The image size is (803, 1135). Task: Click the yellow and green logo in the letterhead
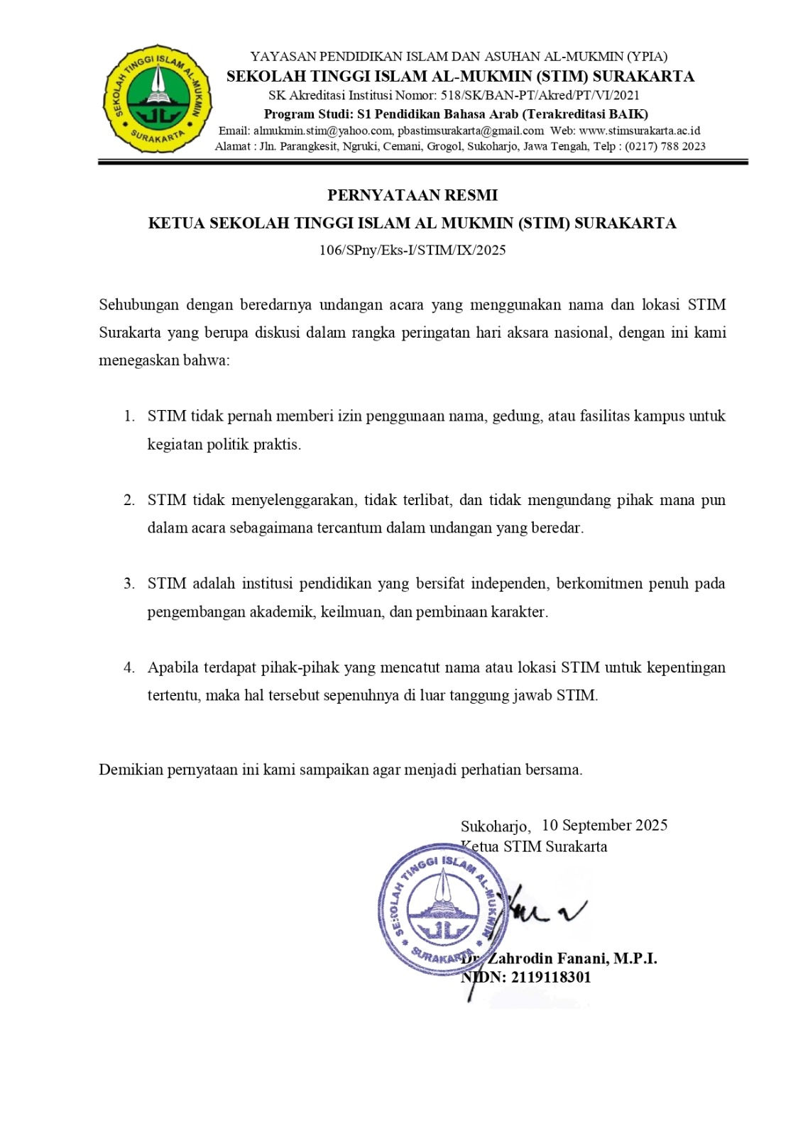(x=158, y=99)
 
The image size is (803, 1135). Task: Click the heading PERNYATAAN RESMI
(x=412, y=195)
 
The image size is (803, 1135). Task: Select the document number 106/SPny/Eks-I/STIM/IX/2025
(x=412, y=250)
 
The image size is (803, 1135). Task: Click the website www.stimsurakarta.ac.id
(x=640, y=131)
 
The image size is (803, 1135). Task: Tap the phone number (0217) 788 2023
(x=665, y=146)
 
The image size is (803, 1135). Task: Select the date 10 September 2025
(x=604, y=825)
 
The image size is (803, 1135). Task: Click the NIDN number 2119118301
(x=551, y=977)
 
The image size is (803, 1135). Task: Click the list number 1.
(x=129, y=416)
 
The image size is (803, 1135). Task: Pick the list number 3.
(x=129, y=584)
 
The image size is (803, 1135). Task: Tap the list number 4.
(x=129, y=668)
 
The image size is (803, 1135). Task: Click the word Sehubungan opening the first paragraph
(x=138, y=305)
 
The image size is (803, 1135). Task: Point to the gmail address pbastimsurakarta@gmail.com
(x=471, y=131)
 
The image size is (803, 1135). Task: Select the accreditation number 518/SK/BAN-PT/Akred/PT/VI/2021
(x=540, y=95)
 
